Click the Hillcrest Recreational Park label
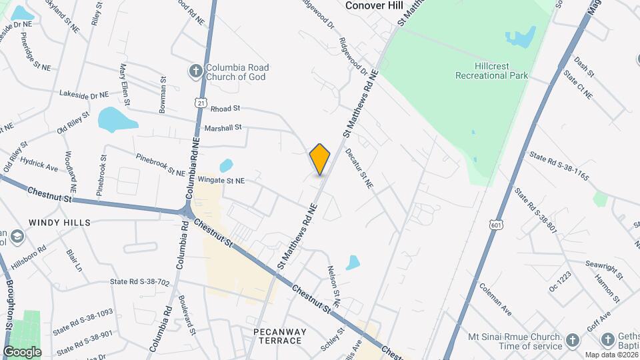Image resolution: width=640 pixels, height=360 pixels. (492, 71)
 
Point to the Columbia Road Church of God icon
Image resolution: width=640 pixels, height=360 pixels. (195, 70)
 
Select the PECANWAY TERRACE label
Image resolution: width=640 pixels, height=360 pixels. (280, 335)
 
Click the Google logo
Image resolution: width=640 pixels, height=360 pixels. (22, 351)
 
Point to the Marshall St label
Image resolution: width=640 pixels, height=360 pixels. (223, 127)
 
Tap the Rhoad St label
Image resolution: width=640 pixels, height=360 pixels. (225, 108)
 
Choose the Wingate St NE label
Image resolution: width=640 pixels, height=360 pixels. (221, 180)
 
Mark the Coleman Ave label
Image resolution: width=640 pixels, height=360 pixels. (495, 299)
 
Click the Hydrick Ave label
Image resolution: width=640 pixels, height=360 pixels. (40, 169)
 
